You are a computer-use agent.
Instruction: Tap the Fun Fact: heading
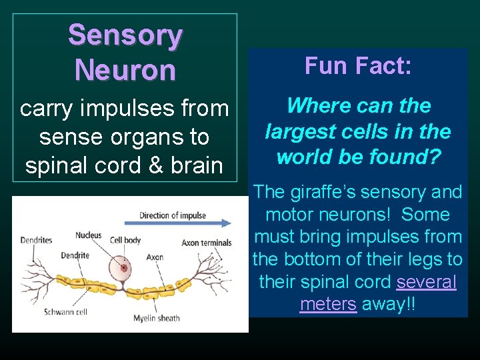pyautogui.click(x=358, y=65)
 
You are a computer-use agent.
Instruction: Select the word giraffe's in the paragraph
pyautogui.click(x=319, y=193)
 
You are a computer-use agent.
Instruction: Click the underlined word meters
pyautogui.click(x=328, y=304)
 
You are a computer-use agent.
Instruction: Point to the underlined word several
pyautogui.click(x=427, y=282)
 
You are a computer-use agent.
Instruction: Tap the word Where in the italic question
pyautogui.click(x=311, y=106)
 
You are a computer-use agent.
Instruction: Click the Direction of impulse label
pyautogui.click(x=173, y=215)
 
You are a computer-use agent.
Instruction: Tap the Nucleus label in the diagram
pyautogui.click(x=88, y=235)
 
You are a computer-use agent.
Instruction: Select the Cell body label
pyautogui.click(x=125, y=240)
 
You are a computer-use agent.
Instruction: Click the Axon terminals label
pyautogui.click(x=207, y=243)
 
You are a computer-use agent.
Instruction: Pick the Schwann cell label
pyautogui.click(x=65, y=311)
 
